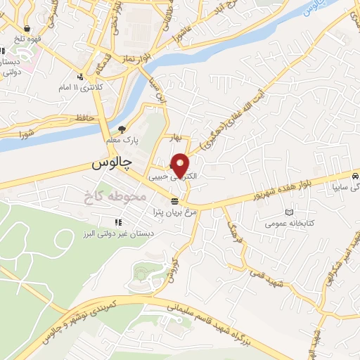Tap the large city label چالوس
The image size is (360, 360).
pyautogui.click(x=112, y=163)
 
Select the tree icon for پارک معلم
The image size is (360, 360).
pyautogui.click(x=122, y=129)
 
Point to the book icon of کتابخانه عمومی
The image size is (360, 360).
pyautogui.click(x=288, y=212)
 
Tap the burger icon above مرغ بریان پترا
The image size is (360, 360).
pyautogui.click(x=174, y=201)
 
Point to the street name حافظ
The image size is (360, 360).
pyautogui.click(x=84, y=120)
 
